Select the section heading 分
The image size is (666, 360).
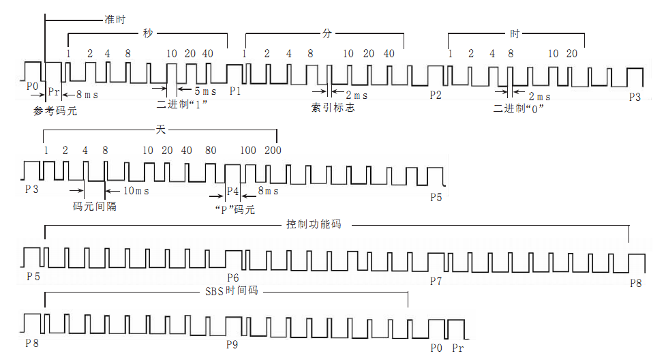[x=325, y=32]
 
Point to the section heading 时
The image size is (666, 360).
[x=515, y=32]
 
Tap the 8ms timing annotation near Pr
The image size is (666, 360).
[x=87, y=95]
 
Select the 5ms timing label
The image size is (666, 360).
[x=205, y=91]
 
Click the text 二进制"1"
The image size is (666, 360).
[x=182, y=105]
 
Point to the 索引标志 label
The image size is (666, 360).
[x=333, y=108]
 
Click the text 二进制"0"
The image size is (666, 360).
[x=519, y=107]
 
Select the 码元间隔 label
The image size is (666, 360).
[x=94, y=205]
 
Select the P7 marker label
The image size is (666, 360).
[x=436, y=281]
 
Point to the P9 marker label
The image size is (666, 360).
[x=232, y=344]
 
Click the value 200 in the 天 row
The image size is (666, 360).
[x=273, y=150]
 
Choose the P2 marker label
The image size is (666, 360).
[x=436, y=95]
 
